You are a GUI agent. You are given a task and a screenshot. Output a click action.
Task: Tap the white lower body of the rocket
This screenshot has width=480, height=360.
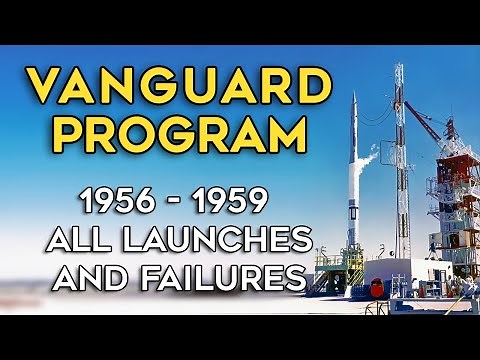[x=351, y=215]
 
